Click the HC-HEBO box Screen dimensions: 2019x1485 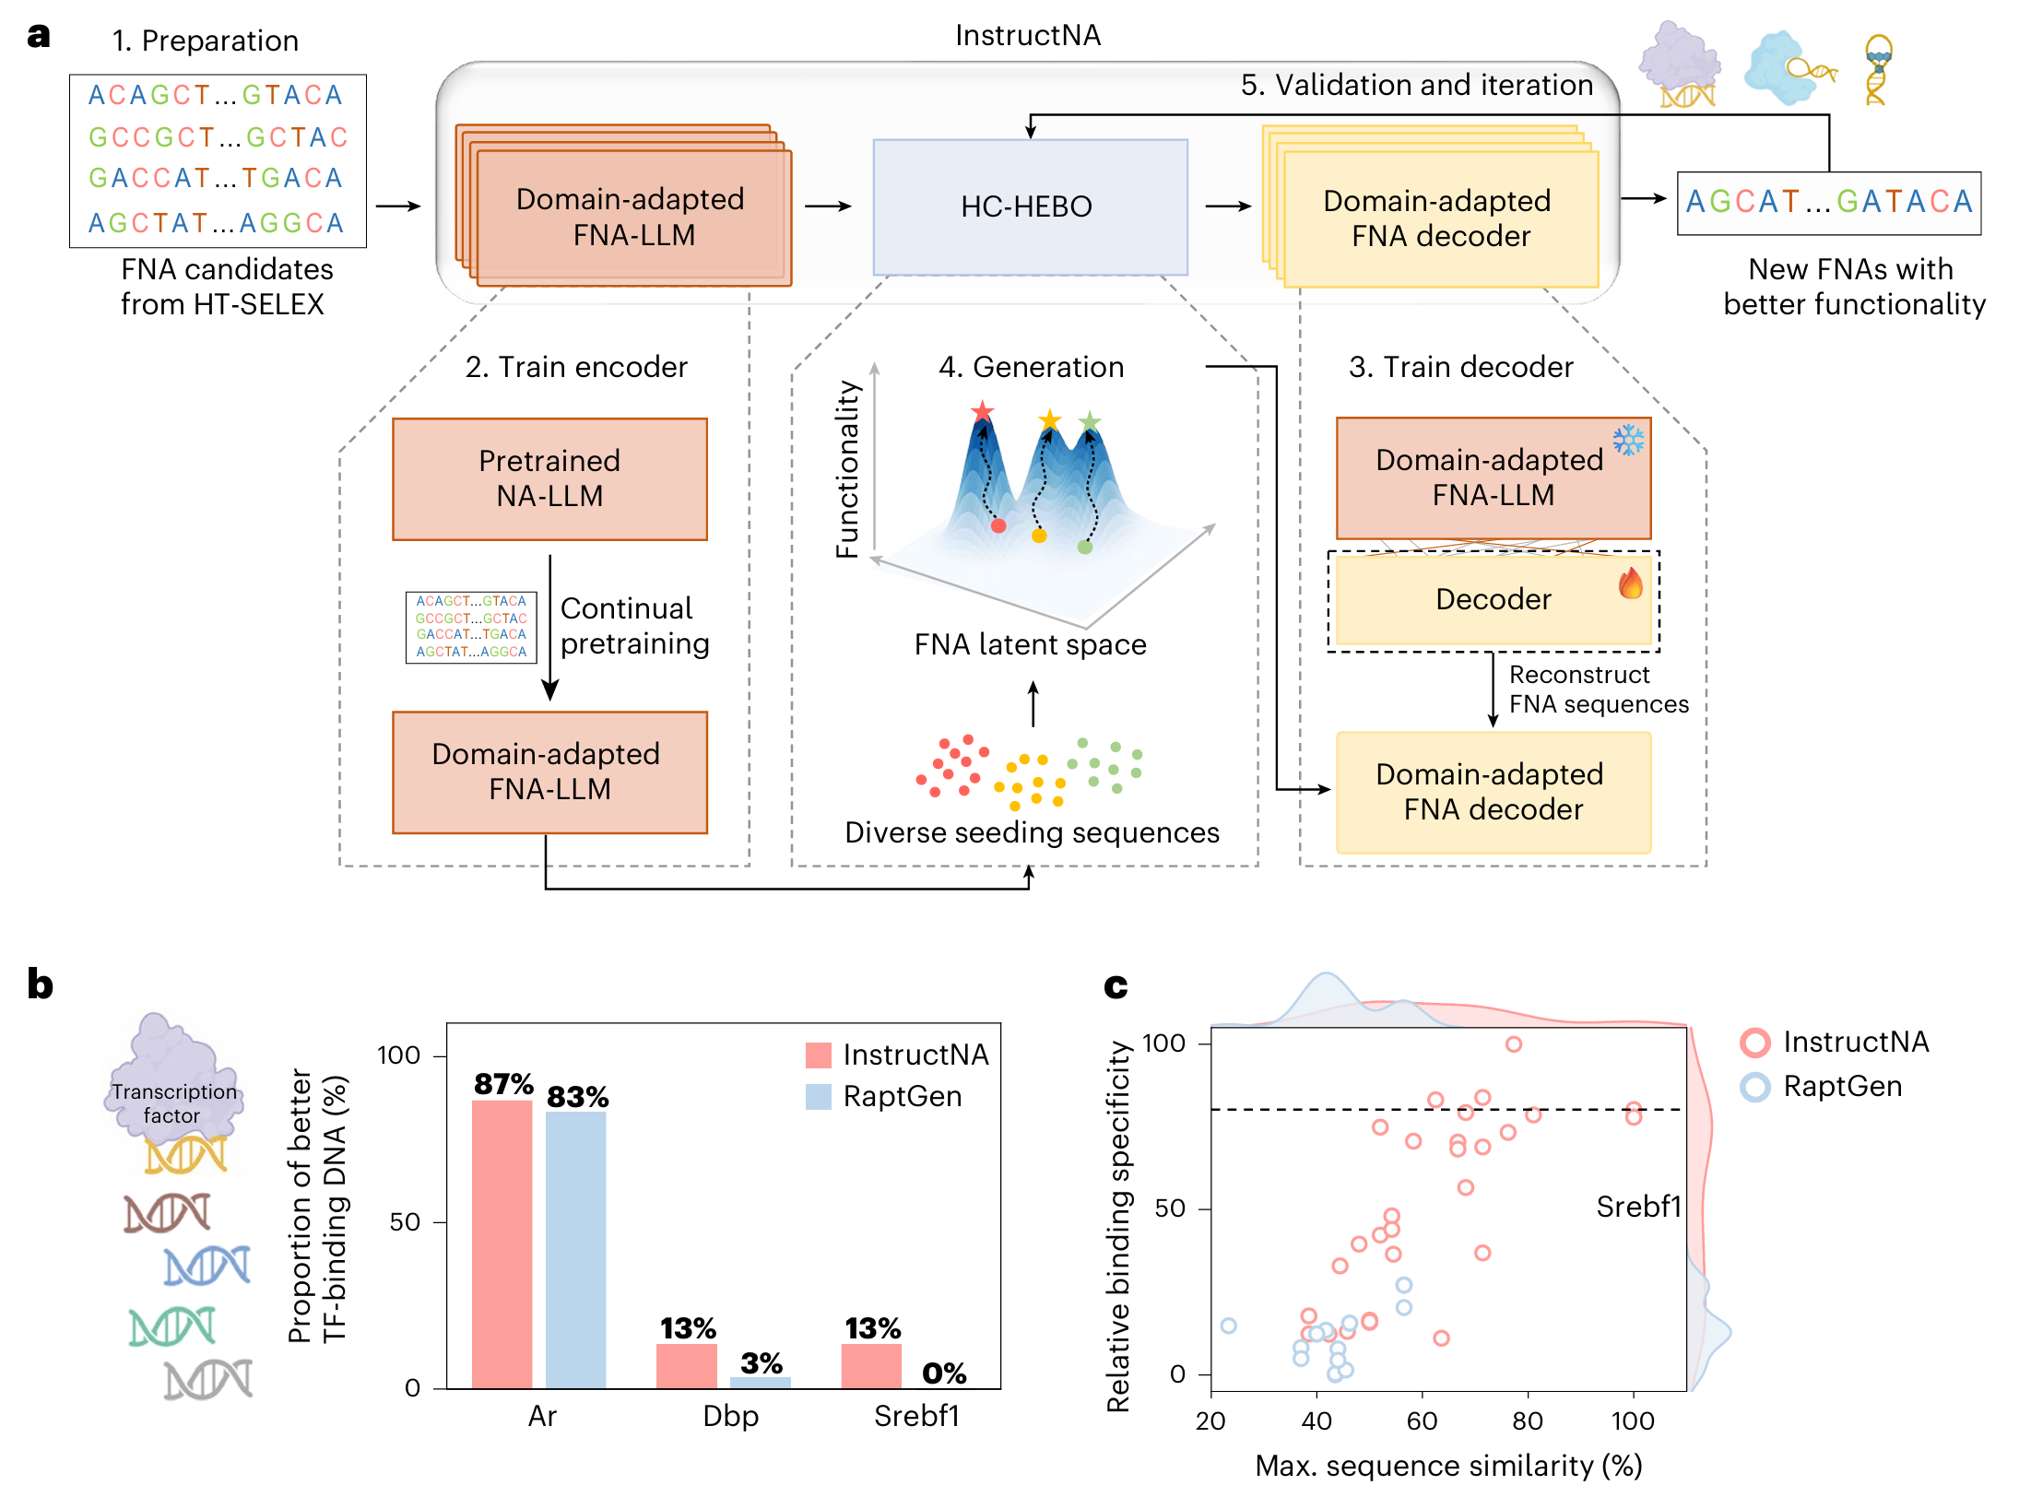coord(1030,206)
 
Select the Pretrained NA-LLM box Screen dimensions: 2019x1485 coord(549,478)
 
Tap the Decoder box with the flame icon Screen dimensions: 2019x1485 coord(1493,600)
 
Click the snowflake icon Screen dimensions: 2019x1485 coord(1628,441)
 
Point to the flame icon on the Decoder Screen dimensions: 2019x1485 coord(1630,583)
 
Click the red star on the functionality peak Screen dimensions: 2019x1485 coord(982,411)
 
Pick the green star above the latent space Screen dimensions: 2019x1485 coord(1090,422)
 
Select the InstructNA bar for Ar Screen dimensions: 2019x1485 coord(502,1243)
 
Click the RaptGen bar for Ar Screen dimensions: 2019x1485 coord(575,1250)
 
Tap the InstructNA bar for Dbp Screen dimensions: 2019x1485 coord(686,1366)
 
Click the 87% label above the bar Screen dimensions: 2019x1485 coord(503,1083)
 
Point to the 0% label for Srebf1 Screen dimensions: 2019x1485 coord(944,1373)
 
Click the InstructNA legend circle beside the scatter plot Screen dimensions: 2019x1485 coord(1754,1043)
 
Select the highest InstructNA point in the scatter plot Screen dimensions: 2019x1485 coord(1513,1044)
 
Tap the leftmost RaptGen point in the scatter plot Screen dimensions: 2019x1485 coord(1228,1326)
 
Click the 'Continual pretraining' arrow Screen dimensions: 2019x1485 coord(550,628)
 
